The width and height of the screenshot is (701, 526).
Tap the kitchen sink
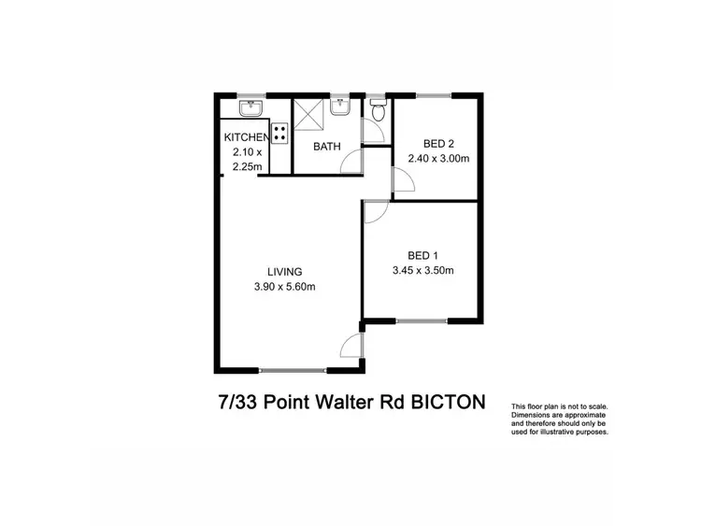(x=250, y=110)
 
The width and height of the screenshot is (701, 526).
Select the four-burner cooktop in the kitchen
(x=279, y=131)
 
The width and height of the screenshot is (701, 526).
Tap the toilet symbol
(x=377, y=112)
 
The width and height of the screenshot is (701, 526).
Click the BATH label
(x=326, y=147)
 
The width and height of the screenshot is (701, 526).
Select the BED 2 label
(x=438, y=144)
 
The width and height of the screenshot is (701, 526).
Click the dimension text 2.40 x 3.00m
(x=438, y=159)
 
